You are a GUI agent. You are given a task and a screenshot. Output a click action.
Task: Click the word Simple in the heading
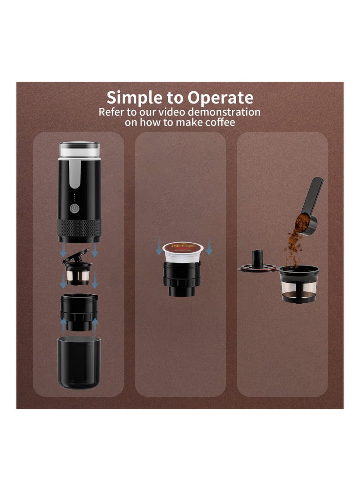coord(134,98)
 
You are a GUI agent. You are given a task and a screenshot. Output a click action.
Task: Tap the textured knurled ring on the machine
coord(79,227)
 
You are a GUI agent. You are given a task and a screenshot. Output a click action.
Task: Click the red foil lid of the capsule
coord(183,247)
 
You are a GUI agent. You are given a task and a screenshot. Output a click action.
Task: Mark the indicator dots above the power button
coord(74,197)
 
